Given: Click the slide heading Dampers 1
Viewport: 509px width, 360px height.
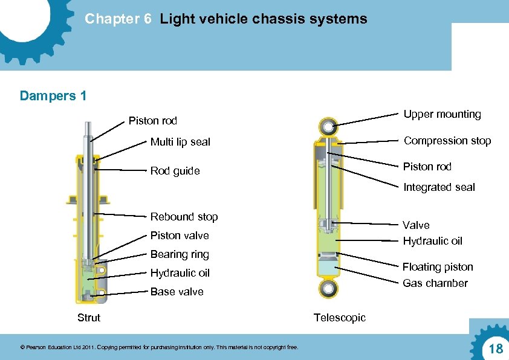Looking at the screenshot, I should [53, 96].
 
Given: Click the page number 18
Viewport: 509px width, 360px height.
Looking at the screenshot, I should [495, 349].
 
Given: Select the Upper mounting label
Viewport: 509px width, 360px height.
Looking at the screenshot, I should [442, 114].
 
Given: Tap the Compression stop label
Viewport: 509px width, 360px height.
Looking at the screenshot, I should [447, 141].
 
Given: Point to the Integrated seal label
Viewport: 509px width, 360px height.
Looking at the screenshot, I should [439, 187].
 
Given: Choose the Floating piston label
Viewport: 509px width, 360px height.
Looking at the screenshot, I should [438, 267].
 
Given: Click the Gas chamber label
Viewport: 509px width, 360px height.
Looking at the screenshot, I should [435, 283].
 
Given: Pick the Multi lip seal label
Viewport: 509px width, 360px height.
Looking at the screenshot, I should [180, 142].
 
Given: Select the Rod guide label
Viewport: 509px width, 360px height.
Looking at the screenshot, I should [175, 171].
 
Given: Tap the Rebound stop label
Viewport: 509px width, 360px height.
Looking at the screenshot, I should [184, 217].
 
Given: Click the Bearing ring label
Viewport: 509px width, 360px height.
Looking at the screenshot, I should [180, 254].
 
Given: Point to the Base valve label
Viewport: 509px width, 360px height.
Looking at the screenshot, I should [177, 292].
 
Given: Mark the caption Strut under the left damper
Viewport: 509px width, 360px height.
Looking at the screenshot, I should [89, 318].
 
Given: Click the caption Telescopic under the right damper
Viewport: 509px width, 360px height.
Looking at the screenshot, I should [339, 318].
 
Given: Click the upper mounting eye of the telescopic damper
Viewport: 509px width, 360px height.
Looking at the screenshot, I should [329, 126].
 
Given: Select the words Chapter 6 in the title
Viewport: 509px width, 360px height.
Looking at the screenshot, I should [118, 19].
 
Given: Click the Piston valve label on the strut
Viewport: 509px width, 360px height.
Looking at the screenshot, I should [180, 236].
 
